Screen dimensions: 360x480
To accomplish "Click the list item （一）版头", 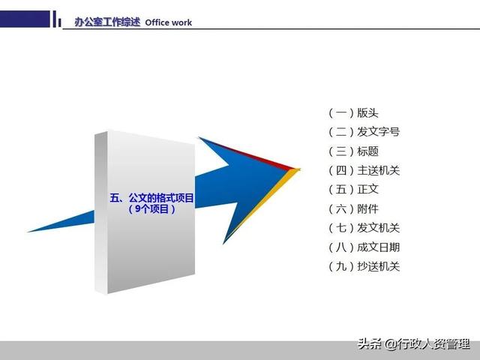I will coord(353,113).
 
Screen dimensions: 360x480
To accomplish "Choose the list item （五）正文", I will coord(353,190).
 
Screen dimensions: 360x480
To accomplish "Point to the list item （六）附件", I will coord(353,209).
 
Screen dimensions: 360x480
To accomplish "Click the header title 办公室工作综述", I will coord(107,22).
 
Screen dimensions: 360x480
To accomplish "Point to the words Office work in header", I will coord(169,22).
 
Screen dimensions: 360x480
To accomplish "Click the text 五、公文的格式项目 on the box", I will coord(151,198).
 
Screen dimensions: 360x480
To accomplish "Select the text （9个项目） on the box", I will coord(151,209).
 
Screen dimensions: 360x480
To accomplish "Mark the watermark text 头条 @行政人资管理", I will coord(413,344).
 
